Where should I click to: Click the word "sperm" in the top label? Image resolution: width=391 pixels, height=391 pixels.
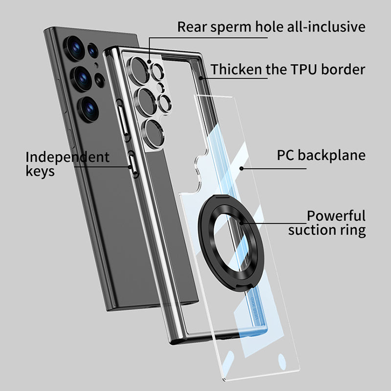tap(230, 26)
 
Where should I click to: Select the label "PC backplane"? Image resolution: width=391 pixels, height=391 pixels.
tap(321, 155)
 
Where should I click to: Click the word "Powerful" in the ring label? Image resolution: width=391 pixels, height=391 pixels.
tap(336, 216)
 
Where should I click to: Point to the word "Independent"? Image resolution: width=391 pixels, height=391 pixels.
tap(67, 157)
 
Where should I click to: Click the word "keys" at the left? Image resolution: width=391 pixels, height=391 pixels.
tap(40, 172)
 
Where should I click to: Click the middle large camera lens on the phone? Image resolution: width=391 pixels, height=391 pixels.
tap(82, 77)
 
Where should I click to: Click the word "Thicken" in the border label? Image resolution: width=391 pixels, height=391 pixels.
tap(237, 69)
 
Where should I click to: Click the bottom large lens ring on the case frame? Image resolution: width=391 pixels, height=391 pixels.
tap(152, 128)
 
